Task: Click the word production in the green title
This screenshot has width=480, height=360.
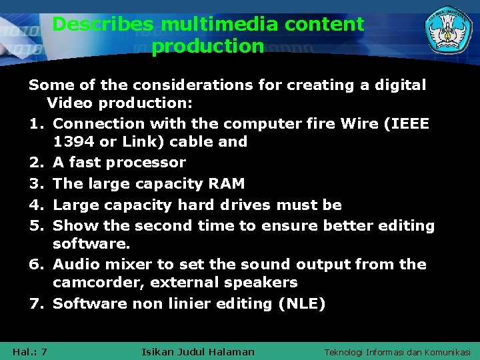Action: [208, 47]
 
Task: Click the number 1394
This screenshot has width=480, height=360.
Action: [74, 142]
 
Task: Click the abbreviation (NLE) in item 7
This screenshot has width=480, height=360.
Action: [303, 304]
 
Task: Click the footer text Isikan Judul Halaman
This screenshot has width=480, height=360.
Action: [199, 352]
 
